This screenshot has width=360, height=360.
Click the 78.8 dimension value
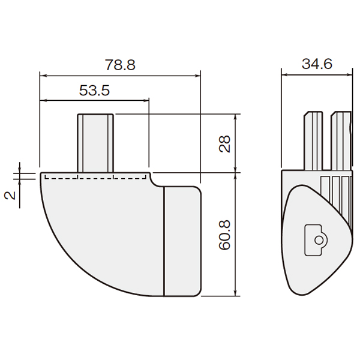coord(120,65)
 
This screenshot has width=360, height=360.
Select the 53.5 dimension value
coord(94,90)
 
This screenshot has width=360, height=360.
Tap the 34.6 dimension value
coord(317,64)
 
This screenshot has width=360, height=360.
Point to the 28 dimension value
coord(224,144)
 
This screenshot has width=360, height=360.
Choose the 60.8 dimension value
coord(224,235)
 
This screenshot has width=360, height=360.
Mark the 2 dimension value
coord(10,196)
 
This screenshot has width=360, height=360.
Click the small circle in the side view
coord(319,241)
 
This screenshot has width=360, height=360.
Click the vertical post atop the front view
coord(95,143)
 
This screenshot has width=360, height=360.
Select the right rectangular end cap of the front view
coord(183,241)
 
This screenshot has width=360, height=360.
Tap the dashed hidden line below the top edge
coord(95,178)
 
